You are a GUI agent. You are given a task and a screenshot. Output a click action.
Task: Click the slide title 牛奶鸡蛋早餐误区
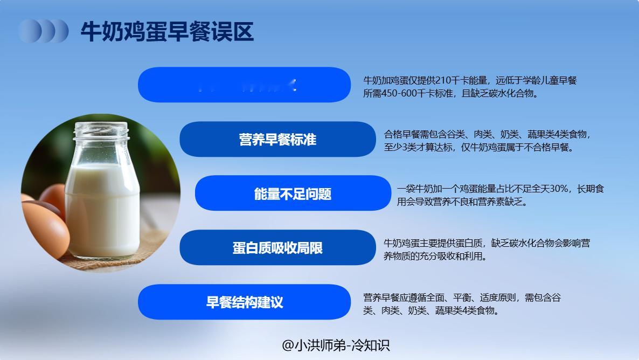pyautogui.click(x=167, y=31)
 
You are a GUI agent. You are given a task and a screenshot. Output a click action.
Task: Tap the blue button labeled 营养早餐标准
pyautogui.click(x=277, y=140)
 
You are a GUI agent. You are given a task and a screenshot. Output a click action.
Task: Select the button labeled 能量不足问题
pyautogui.click(x=293, y=193)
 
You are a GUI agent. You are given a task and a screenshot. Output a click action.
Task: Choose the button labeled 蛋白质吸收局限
pyautogui.click(x=277, y=248)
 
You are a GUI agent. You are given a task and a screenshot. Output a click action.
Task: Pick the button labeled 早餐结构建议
pyautogui.click(x=245, y=302)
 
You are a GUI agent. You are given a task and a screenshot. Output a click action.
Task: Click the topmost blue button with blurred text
pyautogui.click(x=245, y=85)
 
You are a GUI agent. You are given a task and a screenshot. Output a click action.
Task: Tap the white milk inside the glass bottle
pyautogui.click(x=102, y=210)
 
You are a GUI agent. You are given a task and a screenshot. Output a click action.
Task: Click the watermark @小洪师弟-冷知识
pyautogui.click(x=336, y=345)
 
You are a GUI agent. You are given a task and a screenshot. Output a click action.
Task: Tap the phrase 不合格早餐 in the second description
pyautogui.click(x=547, y=147)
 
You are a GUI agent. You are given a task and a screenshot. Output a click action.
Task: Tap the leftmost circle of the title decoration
pyautogui.click(x=28, y=31)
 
